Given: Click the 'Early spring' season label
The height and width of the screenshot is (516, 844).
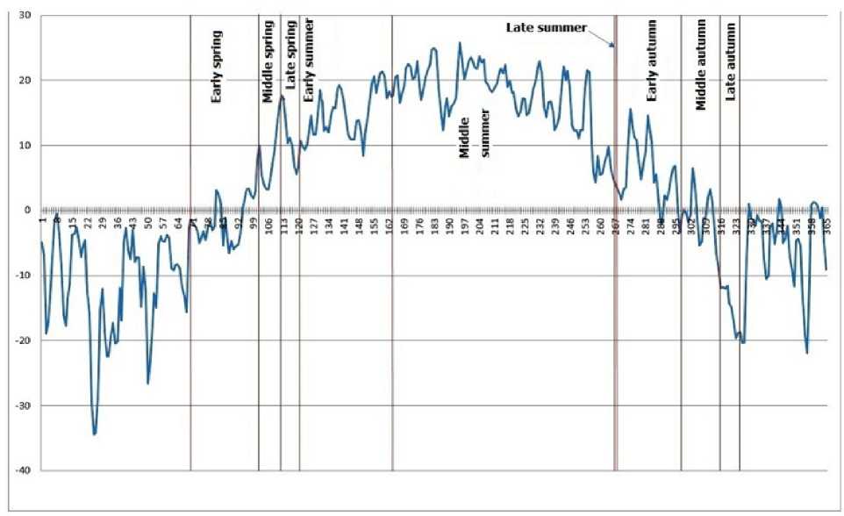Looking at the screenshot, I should click(x=217, y=68).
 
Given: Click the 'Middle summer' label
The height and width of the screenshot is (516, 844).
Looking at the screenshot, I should click(x=475, y=135).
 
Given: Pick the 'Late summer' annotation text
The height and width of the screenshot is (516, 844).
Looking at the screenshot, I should click(x=547, y=27).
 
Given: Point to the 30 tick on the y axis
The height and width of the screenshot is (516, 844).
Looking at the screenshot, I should click(x=25, y=16).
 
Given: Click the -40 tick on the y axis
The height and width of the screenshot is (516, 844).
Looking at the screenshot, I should click(x=22, y=470).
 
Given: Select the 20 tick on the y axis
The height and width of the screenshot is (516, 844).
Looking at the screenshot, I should click(x=25, y=81).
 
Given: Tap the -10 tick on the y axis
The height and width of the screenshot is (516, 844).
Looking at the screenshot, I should click(x=22, y=276).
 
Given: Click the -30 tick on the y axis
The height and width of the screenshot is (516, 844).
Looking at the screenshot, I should click(x=22, y=405).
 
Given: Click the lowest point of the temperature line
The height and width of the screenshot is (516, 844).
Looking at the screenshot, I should click(x=94, y=434).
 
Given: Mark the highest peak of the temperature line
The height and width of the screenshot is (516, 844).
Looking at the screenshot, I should click(x=460, y=43).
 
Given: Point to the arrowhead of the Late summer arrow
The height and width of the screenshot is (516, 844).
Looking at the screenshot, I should click(x=613, y=47).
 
